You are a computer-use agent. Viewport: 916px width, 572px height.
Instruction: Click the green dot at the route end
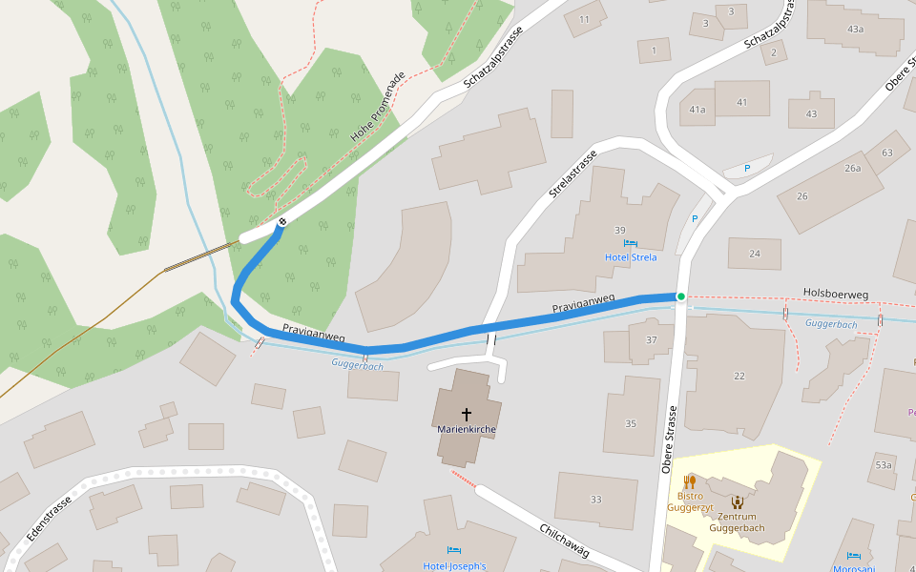click(x=680, y=296)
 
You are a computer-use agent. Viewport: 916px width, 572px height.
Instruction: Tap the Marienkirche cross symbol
click(x=467, y=414)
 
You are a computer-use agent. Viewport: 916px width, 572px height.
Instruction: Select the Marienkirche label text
click(x=467, y=430)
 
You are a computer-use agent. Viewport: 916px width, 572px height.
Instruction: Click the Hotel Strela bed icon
click(x=630, y=245)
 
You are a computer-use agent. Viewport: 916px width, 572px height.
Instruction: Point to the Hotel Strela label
click(x=630, y=257)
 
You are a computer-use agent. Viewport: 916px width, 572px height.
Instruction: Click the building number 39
click(x=619, y=231)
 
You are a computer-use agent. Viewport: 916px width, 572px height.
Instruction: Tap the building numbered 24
click(x=755, y=254)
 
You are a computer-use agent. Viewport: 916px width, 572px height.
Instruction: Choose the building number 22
click(x=739, y=376)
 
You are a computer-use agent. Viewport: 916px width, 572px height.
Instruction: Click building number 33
click(x=596, y=500)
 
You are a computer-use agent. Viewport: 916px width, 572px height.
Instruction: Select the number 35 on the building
click(x=631, y=423)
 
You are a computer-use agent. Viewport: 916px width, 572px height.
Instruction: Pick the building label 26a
click(x=852, y=169)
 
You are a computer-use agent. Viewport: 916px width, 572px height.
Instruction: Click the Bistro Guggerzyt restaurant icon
click(x=689, y=481)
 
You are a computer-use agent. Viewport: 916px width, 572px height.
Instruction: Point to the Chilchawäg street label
click(x=565, y=540)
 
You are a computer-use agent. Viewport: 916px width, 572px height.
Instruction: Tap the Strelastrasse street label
click(x=572, y=174)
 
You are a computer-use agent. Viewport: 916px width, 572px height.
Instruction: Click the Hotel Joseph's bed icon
click(x=454, y=552)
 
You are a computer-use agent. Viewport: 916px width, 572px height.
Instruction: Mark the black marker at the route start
click(x=281, y=223)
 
